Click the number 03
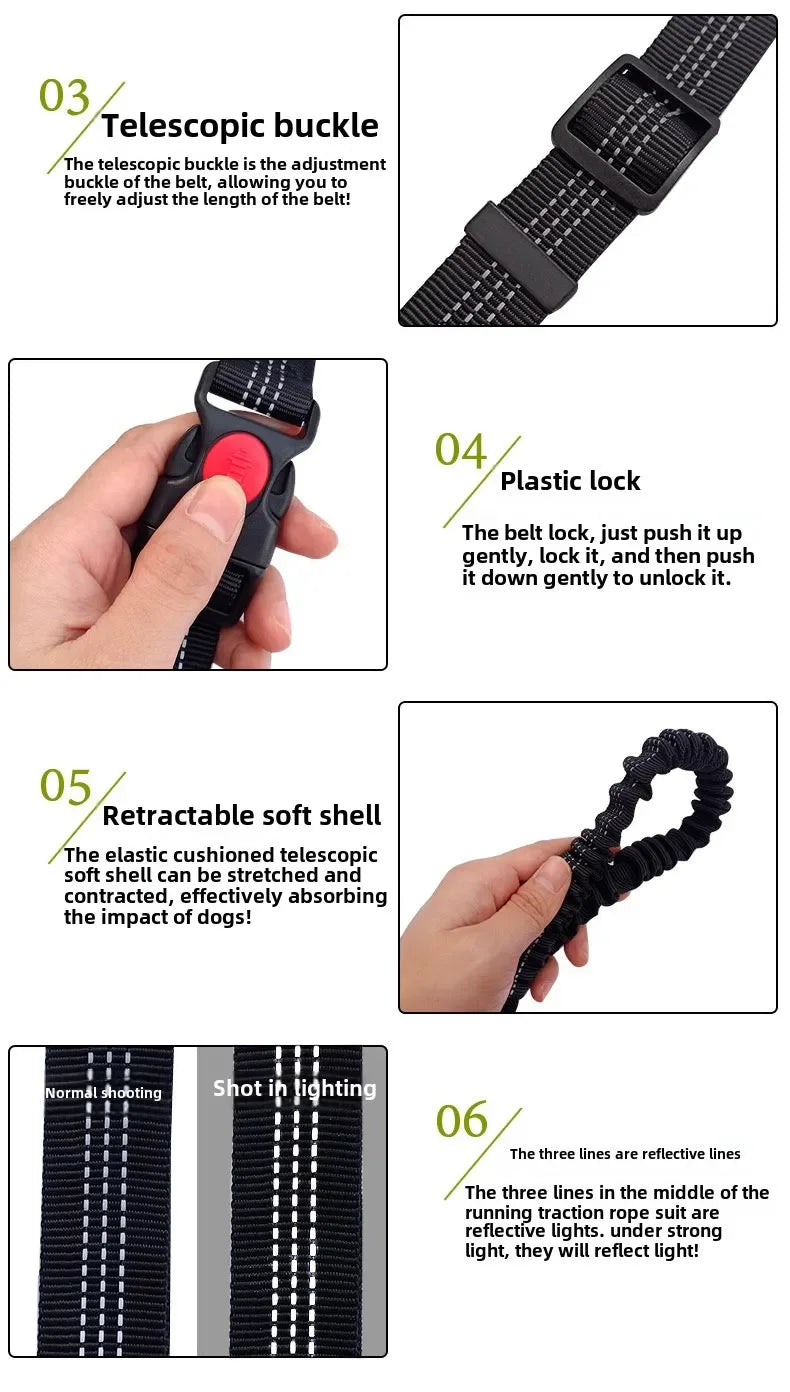point(65,96)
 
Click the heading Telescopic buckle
point(240,126)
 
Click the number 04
point(460,450)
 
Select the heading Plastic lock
point(570,481)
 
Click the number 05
point(66,787)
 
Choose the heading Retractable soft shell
point(242,816)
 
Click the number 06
point(462,1121)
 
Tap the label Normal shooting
point(103,1093)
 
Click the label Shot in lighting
point(295,1088)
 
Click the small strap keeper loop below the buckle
point(520,258)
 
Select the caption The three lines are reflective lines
point(625,1154)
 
